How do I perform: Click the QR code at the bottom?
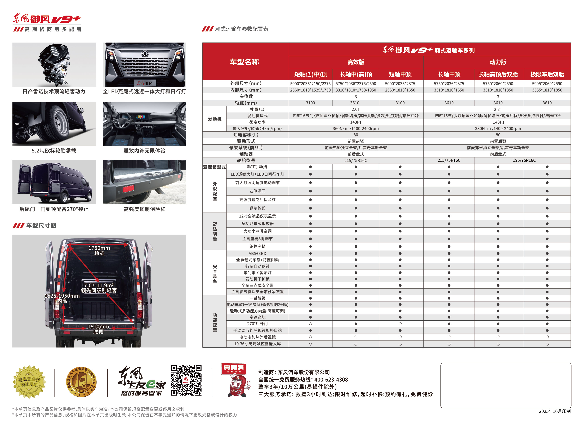(186, 380)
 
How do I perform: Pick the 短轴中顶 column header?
(400, 75)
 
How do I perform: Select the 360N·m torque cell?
(355, 128)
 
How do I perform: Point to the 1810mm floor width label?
(98, 327)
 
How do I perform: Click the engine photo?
(54, 65)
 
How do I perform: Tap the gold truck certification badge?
(81, 382)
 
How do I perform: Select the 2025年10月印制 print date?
(554, 411)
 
